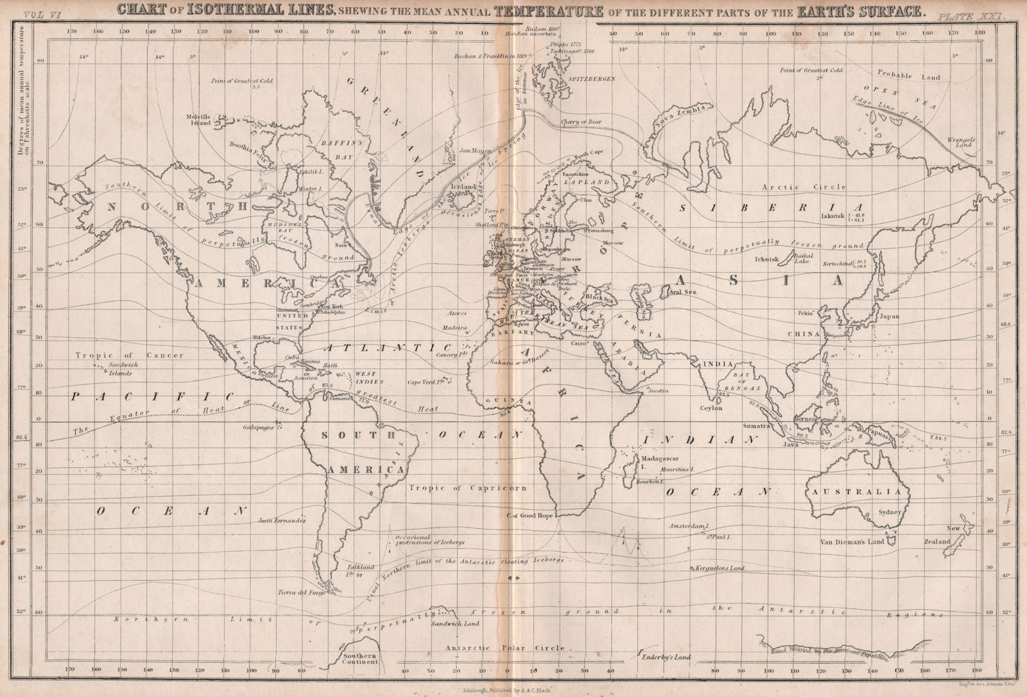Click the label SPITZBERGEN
tap(591, 78)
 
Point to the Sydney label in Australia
tap(891, 513)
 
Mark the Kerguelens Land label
tap(720, 569)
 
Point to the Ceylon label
tap(711, 408)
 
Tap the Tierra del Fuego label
tap(302, 594)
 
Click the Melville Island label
tap(198, 120)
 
